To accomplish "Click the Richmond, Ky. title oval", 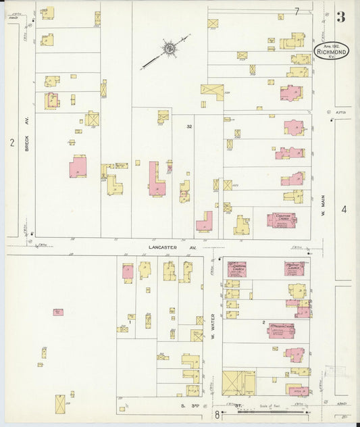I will (331, 51).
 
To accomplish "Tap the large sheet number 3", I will (341, 17).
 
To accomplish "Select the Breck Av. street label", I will (28, 140).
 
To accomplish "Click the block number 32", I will (190, 126).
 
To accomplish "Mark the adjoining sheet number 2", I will (11, 142).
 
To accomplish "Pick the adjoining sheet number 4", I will (344, 209).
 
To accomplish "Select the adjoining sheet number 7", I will (296, 11).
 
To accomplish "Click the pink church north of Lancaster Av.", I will (280, 220).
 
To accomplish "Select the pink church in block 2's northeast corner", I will (294, 268).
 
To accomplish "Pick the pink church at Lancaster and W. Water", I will (237, 269).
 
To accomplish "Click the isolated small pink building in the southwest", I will (58, 312).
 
